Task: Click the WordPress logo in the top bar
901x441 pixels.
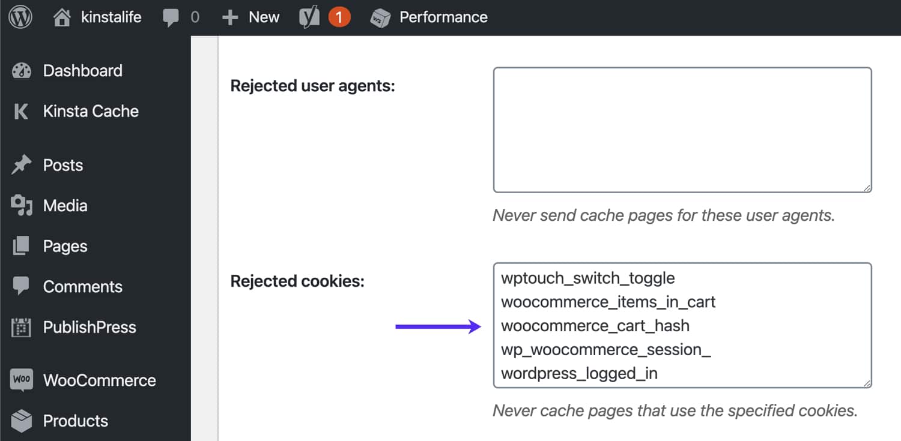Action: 20,17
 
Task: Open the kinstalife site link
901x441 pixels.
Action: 111,17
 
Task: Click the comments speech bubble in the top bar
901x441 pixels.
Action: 171,17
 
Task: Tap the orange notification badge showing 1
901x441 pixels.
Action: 339,17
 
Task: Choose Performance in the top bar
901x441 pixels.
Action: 443,17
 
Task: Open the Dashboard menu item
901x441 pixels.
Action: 82,71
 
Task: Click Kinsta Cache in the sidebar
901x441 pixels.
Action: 90,111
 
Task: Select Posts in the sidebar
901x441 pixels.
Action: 62,165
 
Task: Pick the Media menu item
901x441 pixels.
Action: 65,206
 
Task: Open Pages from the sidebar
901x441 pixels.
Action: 65,247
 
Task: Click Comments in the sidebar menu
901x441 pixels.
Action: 82,287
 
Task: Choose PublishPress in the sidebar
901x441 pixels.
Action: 89,328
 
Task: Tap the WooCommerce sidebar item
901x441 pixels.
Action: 99,380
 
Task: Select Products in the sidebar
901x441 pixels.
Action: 75,421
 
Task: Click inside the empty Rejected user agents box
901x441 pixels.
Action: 682,130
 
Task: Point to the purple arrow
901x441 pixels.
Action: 438,327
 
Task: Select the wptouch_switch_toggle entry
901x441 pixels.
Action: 587,278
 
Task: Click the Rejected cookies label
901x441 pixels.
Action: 297,281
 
